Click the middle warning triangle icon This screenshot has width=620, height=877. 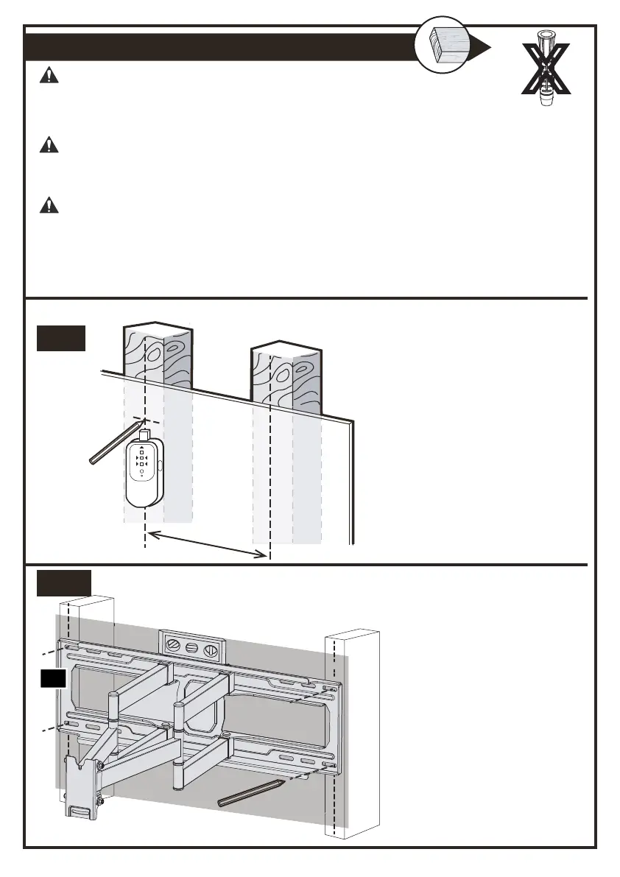[49, 144]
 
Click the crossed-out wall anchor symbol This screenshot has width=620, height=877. [546, 69]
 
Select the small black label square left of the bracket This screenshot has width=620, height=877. [53, 679]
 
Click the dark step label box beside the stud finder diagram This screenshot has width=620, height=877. [62, 338]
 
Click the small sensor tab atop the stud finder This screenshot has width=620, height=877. [145, 435]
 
